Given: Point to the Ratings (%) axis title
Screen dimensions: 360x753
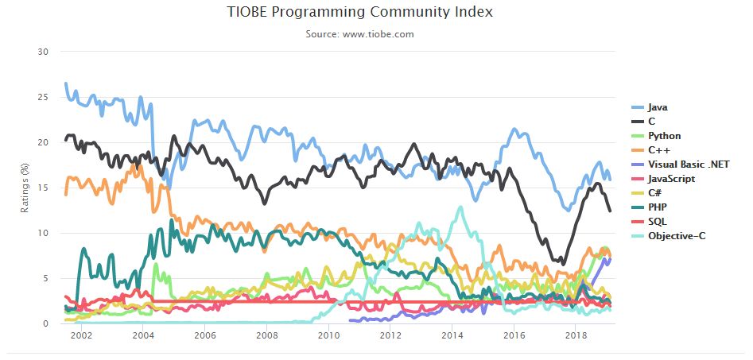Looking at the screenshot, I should coord(25,188).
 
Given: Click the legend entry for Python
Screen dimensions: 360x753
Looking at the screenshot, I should coord(663,136).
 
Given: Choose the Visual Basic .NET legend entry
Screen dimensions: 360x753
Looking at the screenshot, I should coord(689,165).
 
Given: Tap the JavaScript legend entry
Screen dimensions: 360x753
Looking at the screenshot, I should coord(671,179).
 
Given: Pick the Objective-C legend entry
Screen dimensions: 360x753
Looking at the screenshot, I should coord(676,236).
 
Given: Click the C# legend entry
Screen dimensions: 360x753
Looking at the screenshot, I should coord(655,193).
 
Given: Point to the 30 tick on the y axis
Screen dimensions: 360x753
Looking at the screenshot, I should coord(44,52).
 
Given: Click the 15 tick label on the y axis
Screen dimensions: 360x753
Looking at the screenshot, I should coord(44,188).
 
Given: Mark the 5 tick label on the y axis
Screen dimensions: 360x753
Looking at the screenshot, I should coord(46,278).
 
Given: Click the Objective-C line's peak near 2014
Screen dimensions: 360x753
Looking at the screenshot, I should coord(460,207).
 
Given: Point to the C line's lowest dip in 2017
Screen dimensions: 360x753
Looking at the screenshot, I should coord(562,262).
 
